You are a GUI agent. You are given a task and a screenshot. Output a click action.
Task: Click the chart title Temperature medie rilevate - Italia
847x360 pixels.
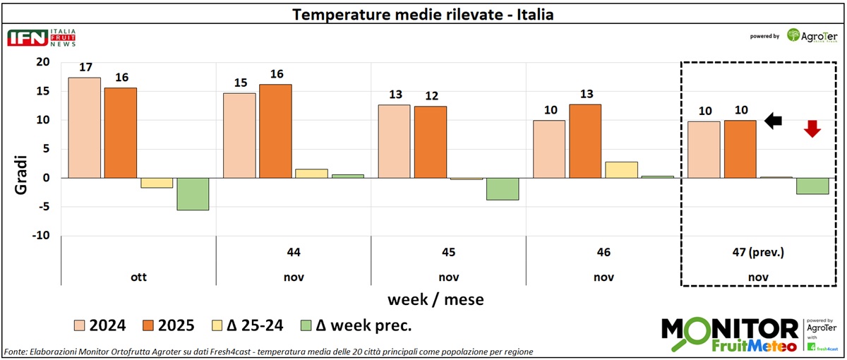coord(423,14)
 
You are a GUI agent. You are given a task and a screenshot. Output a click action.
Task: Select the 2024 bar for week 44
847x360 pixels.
coord(240,135)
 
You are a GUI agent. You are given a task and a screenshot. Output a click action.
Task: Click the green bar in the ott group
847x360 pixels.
coord(193,194)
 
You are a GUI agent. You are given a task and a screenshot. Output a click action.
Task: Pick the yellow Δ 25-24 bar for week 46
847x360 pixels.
coord(621,169)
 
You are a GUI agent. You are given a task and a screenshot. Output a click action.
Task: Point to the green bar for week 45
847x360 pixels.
coord(503,189)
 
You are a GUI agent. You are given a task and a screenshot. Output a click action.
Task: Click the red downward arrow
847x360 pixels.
coord(812,128)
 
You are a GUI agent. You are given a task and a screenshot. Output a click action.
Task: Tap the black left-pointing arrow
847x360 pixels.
coord(774,121)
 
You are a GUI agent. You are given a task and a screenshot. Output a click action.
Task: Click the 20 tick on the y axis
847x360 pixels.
coord(43,62)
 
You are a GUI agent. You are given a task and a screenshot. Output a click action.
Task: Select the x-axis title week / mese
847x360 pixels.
coord(435,299)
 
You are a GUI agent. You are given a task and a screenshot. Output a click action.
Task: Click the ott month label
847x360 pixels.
coord(138,277)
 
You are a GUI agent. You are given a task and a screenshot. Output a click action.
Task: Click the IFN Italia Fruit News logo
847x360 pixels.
coord(41,38)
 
